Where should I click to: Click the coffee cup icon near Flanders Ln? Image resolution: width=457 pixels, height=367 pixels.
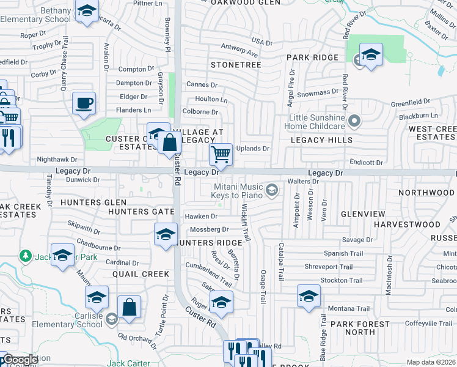point(84,103)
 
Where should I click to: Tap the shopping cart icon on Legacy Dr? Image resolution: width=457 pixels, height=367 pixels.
point(221,154)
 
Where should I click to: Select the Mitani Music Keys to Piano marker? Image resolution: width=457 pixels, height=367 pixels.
point(272,191)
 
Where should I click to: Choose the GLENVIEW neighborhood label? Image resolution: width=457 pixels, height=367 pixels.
point(363,214)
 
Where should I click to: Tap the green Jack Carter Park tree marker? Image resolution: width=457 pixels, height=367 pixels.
point(26,254)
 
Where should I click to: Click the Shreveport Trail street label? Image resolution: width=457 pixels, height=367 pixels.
point(330,267)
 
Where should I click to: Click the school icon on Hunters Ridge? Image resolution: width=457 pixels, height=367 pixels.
point(166,235)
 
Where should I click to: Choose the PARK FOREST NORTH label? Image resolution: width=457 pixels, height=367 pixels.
point(360,328)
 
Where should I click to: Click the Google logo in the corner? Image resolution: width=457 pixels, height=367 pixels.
point(20,360)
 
